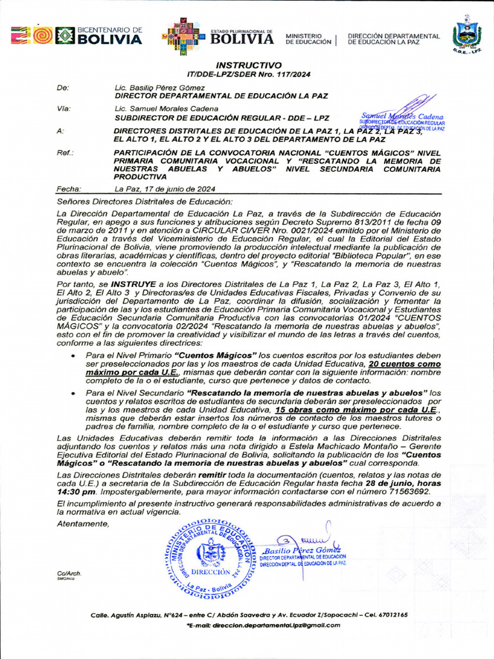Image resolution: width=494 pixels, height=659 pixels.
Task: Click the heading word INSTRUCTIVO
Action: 248,66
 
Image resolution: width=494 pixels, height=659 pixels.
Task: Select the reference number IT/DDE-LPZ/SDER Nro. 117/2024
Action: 248,75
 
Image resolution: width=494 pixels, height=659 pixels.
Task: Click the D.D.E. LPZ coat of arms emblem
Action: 466,35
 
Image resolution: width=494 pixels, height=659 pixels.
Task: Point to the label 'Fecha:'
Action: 69,189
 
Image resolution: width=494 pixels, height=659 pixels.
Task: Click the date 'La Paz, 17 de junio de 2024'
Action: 165,189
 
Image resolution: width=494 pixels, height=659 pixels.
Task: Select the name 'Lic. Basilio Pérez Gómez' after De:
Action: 160,87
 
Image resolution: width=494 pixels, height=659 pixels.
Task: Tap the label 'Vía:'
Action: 64,109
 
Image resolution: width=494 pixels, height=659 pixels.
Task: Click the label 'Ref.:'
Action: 65,153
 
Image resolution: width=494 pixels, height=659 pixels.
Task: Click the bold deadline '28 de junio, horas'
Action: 399,483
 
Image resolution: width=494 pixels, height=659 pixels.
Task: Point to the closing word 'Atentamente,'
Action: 83,524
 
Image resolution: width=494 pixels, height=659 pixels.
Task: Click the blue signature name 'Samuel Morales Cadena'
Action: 403,116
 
